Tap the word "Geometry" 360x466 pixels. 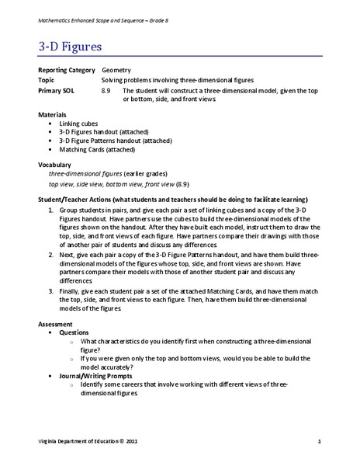click(x=116, y=70)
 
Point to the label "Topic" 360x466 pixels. click(x=48, y=80)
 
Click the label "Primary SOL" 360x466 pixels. click(x=57, y=90)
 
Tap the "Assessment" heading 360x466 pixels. click(x=56, y=323)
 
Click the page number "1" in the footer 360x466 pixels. click(x=319, y=442)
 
